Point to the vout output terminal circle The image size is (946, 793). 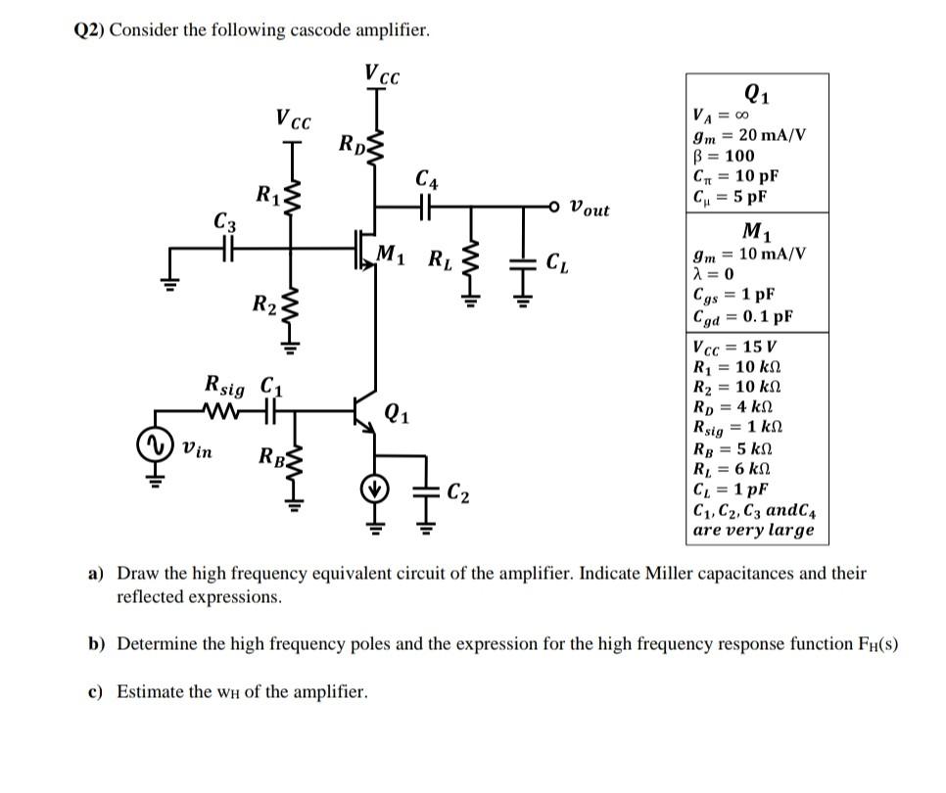tap(555, 207)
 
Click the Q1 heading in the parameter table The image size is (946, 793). tap(756, 95)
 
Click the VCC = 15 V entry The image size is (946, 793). tap(733, 347)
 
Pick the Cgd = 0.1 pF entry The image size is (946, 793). tap(741, 316)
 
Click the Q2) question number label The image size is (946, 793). tap(89, 30)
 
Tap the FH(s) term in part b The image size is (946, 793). tap(876, 644)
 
